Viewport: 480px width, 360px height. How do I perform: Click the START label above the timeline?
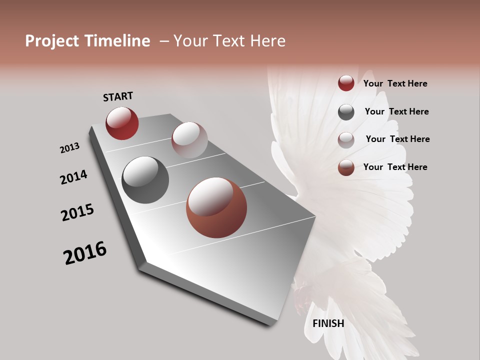pyautogui.click(x=118, y=96)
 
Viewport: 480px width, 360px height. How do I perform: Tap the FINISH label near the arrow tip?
pyautogui.click(x=328, y=323)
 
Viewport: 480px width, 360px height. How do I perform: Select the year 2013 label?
pyautogui.click(x=70, y=148)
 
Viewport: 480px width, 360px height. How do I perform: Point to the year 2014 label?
pyautogui.click(x=73, y=177)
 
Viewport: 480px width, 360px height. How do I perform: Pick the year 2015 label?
pyautogui.click(x=77, y=212)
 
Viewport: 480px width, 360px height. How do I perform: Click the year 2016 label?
pyautogui.click(x=85, y=253)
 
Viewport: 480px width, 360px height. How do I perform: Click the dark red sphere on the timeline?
pyautogui.click(x=122, y=123)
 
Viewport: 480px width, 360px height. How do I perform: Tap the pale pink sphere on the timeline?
pyautogui.click(x=189, y=140)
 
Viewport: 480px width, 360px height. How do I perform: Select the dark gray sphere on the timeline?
pyautogui.click(x=145, y=179)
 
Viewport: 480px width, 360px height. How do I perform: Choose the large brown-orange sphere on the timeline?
pyautogui.click(x=216, y=207)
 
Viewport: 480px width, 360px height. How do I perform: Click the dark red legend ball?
pyautogui.click(x=346, y=83)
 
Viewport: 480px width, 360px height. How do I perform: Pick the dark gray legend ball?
pyautogui.click(x=346, y=112)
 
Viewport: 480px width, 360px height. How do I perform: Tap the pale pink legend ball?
pyautogui.click(x=346, y=140)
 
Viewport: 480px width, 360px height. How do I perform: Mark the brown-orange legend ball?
pyautogui.click(x=346, y=167)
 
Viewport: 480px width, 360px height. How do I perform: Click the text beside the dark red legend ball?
pyautogui.click(x=395, y=83)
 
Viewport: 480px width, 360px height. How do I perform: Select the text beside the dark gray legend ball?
pyautogui.click(x=396, y=111)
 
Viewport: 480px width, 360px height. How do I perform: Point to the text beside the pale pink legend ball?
pyautogui.click(x=397, y=139)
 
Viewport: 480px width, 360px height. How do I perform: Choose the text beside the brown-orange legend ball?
pyautogui.click(x=395, y=167)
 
